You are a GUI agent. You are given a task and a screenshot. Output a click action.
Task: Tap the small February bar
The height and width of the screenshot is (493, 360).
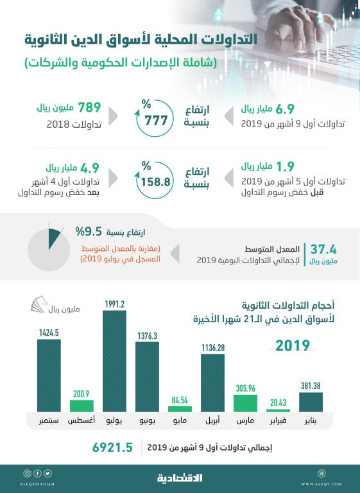pos(278,410)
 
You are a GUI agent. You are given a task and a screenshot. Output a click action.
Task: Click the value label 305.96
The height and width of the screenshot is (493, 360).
pos(245,388)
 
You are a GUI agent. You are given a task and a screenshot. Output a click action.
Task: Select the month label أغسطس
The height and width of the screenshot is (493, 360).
pos(81,421)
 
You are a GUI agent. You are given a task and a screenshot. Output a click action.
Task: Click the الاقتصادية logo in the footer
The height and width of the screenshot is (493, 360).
pos(180,478)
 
